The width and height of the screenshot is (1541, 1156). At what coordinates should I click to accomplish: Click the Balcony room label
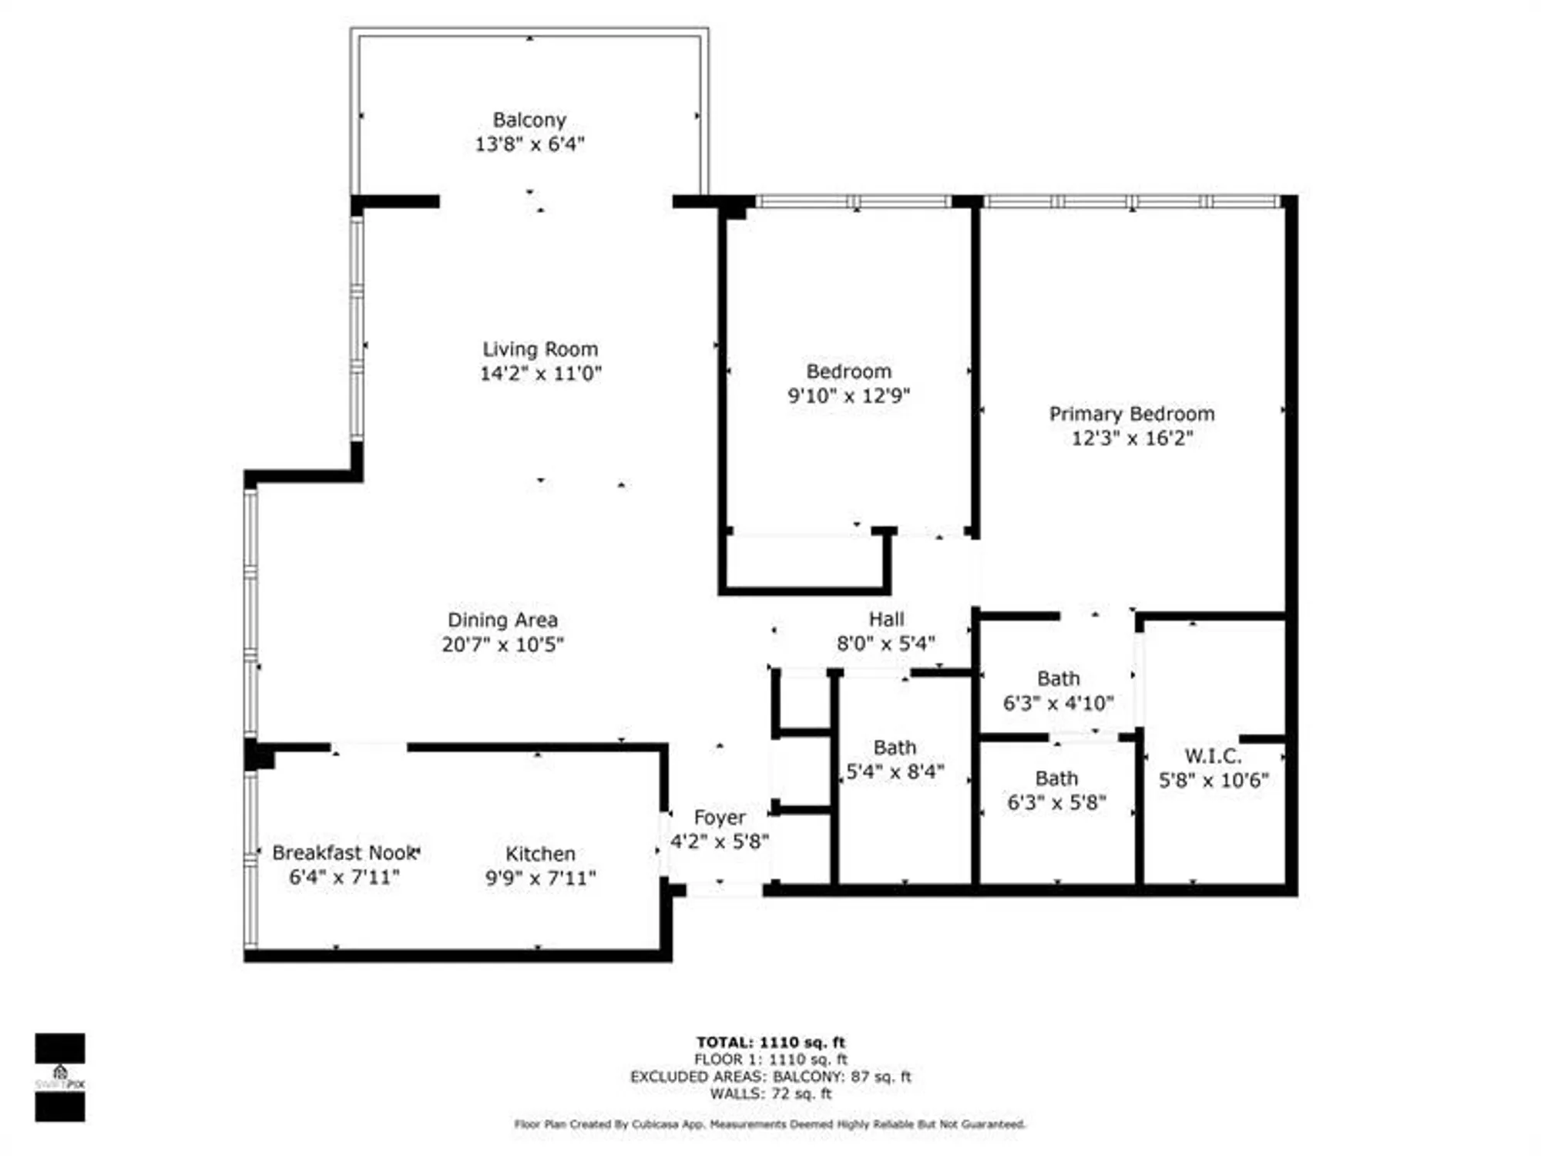[x=529, y=120]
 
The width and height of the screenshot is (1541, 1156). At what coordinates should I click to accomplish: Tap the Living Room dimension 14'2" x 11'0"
[x=540, y=374]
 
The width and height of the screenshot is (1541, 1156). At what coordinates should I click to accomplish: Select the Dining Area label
[x=502, y=620]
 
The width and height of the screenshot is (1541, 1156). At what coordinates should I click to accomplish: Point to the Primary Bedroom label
[x=1131, y=414]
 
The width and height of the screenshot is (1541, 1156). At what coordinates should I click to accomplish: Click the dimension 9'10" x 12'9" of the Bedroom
[x=848, y=395]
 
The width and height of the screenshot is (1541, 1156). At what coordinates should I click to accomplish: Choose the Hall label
[x=886, y=619]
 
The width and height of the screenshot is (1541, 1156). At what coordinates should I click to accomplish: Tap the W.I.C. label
[x=1213, y=756]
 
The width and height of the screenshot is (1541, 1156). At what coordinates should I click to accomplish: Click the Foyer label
[x=720, y=817]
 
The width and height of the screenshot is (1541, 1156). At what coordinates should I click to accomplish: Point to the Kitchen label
[x=540, y=854]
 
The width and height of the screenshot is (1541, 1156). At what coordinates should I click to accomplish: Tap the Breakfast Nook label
[x=344, y=853]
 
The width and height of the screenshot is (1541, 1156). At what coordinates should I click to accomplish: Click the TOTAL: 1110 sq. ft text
[x=770, y=1043]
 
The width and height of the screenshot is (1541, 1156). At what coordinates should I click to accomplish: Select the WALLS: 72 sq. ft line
[x=770, y=1094]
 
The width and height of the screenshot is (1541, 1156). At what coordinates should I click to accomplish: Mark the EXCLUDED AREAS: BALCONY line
[x=770, y=1077]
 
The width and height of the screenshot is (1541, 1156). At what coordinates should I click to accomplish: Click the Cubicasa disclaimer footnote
[x=770, y=1124]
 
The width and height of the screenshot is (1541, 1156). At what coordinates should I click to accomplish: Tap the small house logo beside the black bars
[x=60, y=1074]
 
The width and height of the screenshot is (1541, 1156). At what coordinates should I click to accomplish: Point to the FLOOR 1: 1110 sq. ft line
[x=770, y=1060]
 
